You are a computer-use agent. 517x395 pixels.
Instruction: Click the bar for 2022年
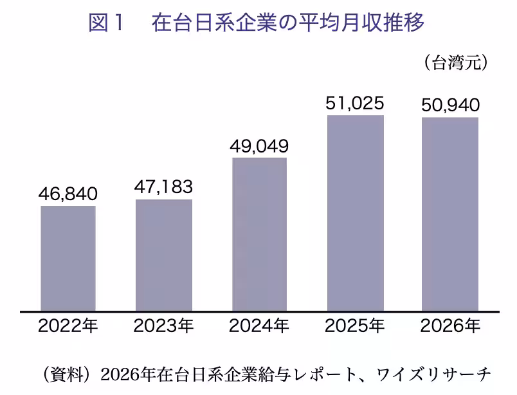[68, 259]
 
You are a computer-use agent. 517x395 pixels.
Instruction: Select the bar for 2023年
[164, 255]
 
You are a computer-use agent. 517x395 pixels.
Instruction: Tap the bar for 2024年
[260, 234]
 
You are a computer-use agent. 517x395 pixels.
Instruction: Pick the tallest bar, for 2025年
[356, 213]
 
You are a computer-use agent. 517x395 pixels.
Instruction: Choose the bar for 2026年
[450, 214]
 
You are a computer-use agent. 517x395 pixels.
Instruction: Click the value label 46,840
[68, 194]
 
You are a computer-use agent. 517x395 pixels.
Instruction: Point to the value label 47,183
[163, 187]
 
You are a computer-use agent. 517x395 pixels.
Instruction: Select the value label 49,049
[259, 146]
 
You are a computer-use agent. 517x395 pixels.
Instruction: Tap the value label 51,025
[355, 104]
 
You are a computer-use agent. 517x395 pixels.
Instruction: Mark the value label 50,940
[450, 106]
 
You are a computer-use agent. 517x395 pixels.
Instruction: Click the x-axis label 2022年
[68, 326]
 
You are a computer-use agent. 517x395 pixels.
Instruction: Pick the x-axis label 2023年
[163, 326]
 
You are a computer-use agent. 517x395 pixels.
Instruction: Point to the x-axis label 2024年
[259, 326]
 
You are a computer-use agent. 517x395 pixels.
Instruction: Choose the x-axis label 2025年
[355, 326]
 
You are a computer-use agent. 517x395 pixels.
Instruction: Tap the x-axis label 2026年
[450, 326]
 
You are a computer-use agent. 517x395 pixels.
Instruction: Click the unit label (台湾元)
[456, 62]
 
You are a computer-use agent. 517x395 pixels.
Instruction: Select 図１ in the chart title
[106, 23]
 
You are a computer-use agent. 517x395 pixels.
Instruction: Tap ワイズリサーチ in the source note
[434, 374]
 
